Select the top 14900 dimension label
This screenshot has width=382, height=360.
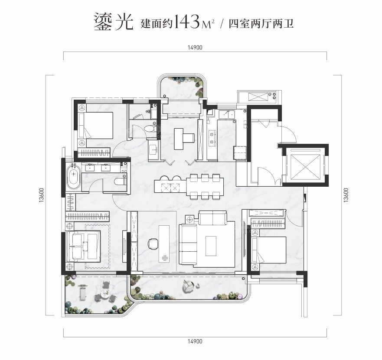pos(195,48)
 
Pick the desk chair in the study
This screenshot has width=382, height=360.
pos(153,243)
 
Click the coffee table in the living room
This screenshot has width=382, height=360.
pos(211,246)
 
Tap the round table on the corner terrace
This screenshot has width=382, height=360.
pos(105,294)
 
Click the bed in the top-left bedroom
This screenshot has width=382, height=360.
pos(96,125)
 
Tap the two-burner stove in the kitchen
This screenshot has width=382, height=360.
pos(212,137)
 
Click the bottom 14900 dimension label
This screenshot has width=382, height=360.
pos(195,341)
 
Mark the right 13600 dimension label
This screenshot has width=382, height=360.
pos(346,195)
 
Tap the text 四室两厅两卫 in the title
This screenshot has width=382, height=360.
pos(261,24)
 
